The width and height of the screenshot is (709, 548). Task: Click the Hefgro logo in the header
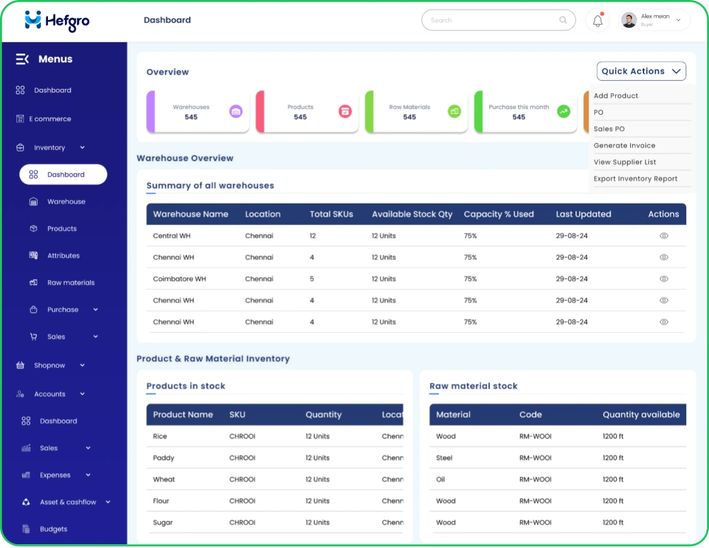[x=57, y=21]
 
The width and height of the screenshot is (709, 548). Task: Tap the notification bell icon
[x=597, y=21]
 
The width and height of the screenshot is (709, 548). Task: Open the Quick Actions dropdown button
[x=641, y=71]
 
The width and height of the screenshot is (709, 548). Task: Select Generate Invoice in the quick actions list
[x=624, y=146]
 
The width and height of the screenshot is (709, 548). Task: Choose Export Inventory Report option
[x=635, y=179]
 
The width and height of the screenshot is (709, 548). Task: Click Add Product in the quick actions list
[x=616, y=96]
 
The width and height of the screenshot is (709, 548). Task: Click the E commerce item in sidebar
[x=50, y=119]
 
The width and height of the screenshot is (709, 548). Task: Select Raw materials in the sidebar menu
[x=71, y=283]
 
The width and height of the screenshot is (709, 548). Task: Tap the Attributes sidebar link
[x=63, y=256]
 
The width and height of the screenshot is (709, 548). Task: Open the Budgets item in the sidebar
[x=53, y=530]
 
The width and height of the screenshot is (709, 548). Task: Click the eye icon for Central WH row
[x=664, y=236]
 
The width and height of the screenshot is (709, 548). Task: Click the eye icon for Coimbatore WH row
[x=664, y=279]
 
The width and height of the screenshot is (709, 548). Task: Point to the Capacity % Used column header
[x=499, y=214]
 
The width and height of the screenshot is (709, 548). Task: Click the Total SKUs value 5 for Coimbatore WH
[x=312, y=279]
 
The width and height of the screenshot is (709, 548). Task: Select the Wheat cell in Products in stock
[x=164, y=480]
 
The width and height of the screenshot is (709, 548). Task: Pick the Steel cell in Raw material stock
[x=444, y=458]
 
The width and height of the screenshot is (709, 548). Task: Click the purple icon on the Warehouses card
[x=236, y=112]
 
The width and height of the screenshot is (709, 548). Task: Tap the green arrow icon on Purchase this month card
[x=563, y=112]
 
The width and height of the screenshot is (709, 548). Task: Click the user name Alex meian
[x=655, y=16]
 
